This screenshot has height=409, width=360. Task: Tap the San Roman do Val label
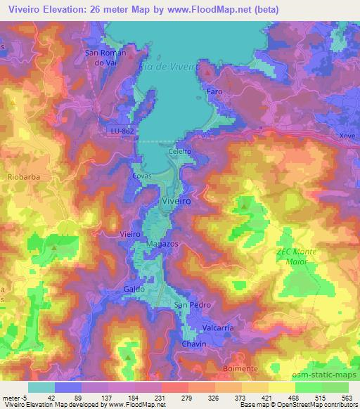105,57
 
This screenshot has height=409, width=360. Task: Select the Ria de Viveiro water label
171,65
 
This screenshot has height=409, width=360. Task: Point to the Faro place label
214,92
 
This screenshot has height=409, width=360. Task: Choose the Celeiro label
181,151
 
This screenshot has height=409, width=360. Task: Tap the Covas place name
143,176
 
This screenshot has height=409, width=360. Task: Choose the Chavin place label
194,344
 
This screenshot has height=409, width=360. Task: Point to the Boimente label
243,365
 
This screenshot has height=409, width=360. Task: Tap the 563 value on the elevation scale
345,398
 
